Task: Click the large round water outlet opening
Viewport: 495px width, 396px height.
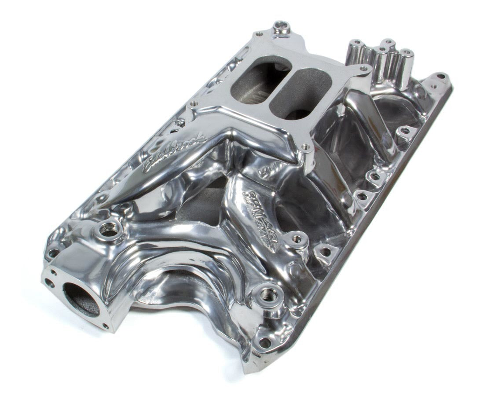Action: (x=81, y=299)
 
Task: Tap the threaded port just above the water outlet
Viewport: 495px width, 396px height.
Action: (x=107, y=228)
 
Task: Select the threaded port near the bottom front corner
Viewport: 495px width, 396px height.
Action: (x=268, y=295)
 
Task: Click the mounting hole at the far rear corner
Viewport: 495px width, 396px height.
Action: (x=441, y=76)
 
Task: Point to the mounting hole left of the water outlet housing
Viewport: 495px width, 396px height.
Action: (x=53, y=253)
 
